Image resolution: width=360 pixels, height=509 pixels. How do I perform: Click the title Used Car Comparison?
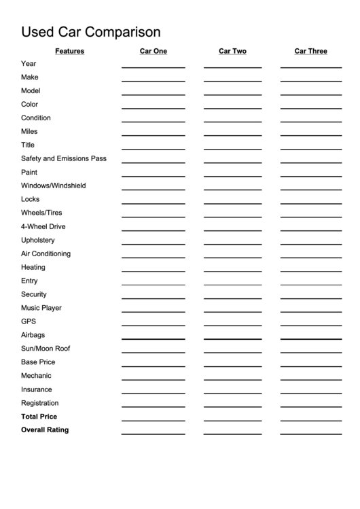click(x=91, y=32)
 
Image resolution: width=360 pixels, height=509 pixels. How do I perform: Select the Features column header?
click(x=69, y=51)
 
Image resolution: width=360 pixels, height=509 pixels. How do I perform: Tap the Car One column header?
click(x=153, y=51)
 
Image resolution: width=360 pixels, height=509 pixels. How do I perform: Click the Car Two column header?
click(x=232, y=51)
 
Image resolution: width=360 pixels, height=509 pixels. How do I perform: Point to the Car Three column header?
click(x=310, y=51)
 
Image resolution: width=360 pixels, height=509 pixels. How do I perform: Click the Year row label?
click(x=29, y=64)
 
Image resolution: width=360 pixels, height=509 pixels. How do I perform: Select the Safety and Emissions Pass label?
click(x=64, y=159)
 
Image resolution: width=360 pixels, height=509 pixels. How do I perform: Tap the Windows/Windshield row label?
click(x=54, y=186)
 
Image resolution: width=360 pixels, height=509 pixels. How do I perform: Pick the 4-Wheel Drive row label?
click(x=43, y=227)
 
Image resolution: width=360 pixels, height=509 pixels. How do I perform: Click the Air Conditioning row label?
click(x=46, y=254)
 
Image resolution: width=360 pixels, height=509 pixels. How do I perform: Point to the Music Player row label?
click(x=41, y=309)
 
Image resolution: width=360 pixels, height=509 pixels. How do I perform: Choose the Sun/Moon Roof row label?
click(x=46, y=349)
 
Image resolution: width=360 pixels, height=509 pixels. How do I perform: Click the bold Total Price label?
click(x=39, y=417)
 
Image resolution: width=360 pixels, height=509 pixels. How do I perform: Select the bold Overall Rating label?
click(x=45, y=431)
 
